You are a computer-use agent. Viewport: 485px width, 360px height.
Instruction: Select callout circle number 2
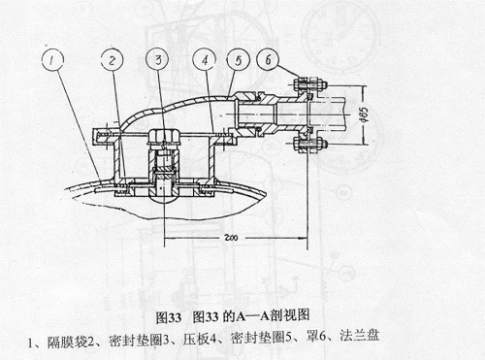click(114, 62)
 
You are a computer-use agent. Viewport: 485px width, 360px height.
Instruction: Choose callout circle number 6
click(271, 61)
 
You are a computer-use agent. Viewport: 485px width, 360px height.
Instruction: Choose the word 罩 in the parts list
click(320, 342)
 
